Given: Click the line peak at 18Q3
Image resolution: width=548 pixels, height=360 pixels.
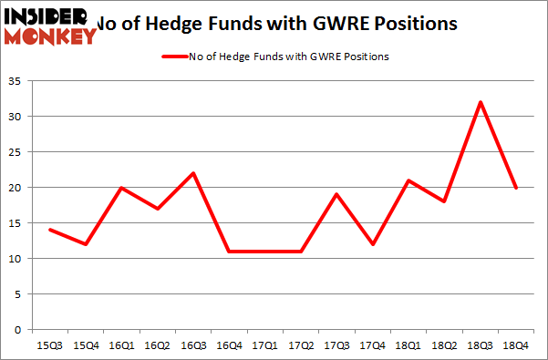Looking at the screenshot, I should (x=481, y=102).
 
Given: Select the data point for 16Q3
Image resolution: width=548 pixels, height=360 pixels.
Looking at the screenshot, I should (x=193, y=173).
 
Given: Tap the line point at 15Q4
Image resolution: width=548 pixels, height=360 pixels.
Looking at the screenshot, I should (x=86, y=244).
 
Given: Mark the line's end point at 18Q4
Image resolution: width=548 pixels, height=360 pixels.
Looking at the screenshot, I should (x=516, y=188).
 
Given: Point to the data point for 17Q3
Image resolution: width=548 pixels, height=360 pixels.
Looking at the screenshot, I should (x=336, y=194).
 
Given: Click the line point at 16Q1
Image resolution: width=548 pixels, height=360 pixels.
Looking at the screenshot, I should (x=121, y=188).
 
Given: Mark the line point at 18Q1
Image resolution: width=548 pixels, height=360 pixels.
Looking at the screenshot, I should (x=408, y=180).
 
